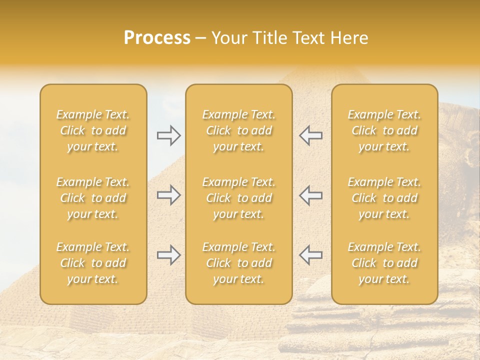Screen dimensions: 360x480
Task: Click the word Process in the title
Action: pos(157,38)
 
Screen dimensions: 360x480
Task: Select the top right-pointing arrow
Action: pos(168,135)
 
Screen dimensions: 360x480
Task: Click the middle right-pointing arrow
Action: pos(168,195)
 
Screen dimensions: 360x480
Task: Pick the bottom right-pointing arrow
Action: pos(168,255)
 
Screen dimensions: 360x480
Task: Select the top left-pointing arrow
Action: pos(310,135)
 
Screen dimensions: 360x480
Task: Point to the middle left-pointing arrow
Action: pos(310,195)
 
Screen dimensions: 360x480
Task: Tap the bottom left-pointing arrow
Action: pos(310,255)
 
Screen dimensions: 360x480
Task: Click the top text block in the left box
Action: pos(93,130)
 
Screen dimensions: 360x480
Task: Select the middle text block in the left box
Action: pos(93,198)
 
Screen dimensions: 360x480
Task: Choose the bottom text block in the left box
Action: pos(93,263)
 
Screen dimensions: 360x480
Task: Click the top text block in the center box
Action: pos(239,130)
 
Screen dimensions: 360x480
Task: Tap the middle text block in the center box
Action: pos(239,198)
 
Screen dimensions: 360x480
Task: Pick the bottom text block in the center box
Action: pos(239,263)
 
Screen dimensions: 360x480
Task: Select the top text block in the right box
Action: pos(384,130)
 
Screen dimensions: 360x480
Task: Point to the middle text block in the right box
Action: pos(384,198)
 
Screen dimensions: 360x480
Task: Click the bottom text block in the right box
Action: pos(384,263)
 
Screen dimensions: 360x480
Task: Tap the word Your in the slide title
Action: pos(229,38)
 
